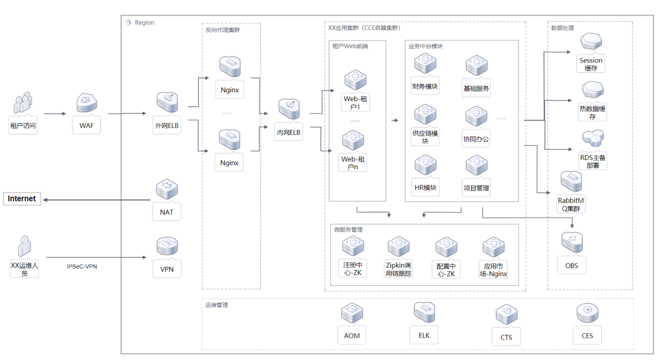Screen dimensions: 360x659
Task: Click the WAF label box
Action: tap(86, 126)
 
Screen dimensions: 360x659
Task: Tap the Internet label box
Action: tap(22, 199)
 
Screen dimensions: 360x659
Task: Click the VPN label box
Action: tap(167, 269)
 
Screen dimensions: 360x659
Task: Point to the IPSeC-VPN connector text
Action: tap(82, 267)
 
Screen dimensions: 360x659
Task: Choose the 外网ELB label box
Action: tap(167, 126)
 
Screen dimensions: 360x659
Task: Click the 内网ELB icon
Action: tap(289, 109)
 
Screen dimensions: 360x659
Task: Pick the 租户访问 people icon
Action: tap(23, 103)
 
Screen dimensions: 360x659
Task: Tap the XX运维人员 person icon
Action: tap(24, 246)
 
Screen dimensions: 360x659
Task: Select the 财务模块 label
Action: tap(425, 86)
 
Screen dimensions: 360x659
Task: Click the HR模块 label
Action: tap(425, 188)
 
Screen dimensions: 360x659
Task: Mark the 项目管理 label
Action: tap(476, 188)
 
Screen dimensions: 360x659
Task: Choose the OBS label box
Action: tap(572, 266)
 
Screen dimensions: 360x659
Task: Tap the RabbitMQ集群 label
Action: tap(571, 204)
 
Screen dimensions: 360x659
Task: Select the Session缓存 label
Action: tap(591, 64)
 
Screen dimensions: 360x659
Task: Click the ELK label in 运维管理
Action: tap(424, 335)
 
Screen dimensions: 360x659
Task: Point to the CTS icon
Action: tap(507, 314)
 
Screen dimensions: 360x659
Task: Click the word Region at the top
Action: tap(144, 23)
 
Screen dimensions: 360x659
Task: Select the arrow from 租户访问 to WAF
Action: tap(55, 114)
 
